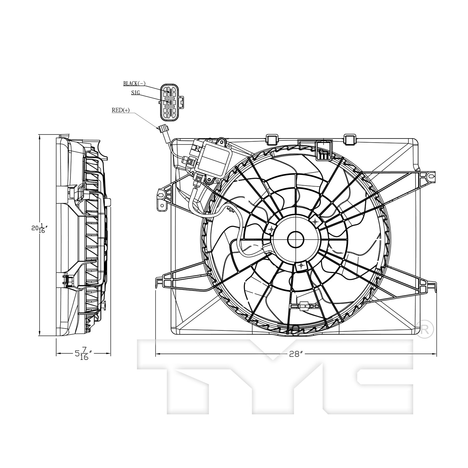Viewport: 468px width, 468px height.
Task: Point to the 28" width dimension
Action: coord(296,354)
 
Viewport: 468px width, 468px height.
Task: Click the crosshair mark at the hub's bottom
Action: coord(301,266)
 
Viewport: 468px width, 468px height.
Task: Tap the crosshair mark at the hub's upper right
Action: coord(315,221)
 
